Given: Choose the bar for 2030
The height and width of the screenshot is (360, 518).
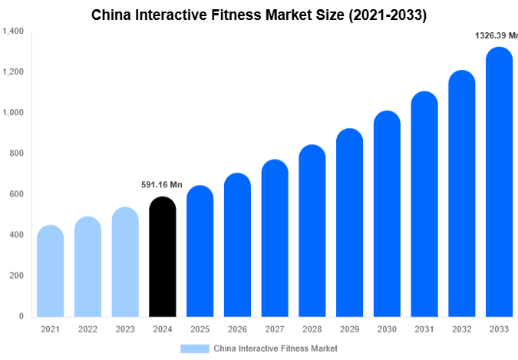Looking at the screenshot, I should tap(387, 214).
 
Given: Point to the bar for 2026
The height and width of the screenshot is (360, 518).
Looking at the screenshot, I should tap(237, 245).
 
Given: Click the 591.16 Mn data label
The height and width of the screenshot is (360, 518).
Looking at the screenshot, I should tap(162, 184).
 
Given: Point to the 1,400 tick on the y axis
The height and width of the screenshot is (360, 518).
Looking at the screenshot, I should tap(13, 31).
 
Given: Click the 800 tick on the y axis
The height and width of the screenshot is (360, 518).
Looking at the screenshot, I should tap(16, 154).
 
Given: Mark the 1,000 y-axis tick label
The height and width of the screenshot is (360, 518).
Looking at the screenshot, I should tap(13, 113).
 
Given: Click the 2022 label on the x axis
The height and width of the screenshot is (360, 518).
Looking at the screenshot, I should tap(87, 329).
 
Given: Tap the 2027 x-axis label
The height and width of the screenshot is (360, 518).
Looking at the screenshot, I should tap(275, 329).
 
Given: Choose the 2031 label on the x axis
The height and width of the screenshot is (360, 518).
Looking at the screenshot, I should tap(424, 329).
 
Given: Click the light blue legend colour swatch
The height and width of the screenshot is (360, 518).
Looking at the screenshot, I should tap(195, 348).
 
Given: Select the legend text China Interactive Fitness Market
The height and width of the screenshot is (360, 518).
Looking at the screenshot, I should tap(275, 348).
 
